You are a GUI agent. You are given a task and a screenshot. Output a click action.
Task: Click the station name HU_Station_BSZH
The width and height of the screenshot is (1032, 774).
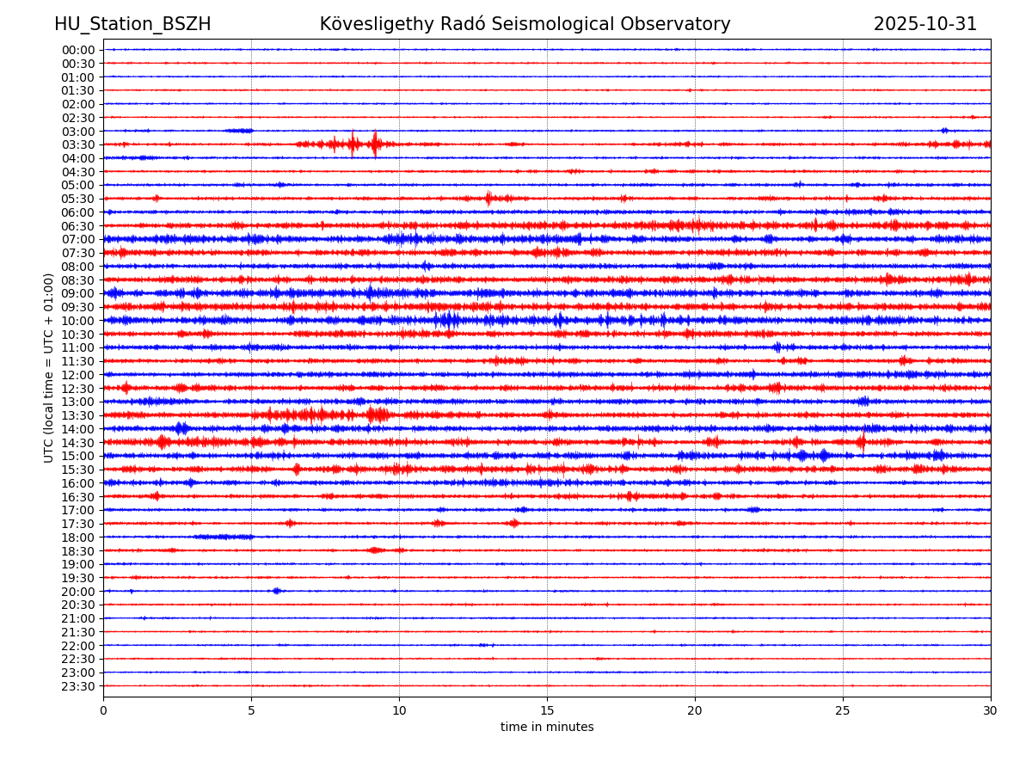click(x=132, y=24)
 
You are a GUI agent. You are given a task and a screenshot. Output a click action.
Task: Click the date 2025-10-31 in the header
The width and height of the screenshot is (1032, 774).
click(x=924, y=24)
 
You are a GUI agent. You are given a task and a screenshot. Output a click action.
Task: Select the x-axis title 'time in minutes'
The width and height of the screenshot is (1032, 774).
click(x=547, y=727)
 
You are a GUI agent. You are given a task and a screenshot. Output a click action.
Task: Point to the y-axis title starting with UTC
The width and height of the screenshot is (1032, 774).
click(x=49, y=367)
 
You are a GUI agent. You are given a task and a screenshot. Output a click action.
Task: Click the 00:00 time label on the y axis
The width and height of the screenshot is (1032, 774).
click(x=77, y=50)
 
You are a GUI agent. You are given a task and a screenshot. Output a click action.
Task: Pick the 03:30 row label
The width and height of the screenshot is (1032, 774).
click(x=77, y=144)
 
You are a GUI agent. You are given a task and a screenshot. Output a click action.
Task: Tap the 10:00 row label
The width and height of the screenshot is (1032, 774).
click(x=77, y=321)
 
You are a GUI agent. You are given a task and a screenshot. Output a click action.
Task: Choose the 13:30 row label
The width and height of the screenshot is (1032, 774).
click(x=77, y=415)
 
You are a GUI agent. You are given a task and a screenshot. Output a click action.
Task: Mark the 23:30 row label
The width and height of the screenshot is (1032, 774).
click(x=77, y=686)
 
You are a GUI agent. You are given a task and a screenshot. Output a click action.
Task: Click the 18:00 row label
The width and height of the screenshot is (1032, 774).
click(x=77, y=537)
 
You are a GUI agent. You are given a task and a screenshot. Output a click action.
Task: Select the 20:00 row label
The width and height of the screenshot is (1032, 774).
click(x=77, y=592)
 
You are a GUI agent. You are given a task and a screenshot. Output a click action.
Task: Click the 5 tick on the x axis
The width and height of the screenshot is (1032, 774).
click(x=251, y=710)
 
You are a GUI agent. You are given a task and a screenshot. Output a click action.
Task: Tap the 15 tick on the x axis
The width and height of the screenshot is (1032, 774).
click(x=547, y=710)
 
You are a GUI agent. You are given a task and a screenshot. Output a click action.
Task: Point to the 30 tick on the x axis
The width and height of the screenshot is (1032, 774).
click(x=991, y=710)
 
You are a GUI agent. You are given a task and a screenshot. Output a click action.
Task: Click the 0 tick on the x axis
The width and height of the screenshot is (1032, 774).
click(x=103, y=710)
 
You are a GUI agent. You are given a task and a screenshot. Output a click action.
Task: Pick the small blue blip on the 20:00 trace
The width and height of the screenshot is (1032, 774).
click(x=276, y=591)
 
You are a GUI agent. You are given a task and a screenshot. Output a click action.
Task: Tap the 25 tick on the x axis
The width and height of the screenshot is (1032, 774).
click(x=843, y=710)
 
